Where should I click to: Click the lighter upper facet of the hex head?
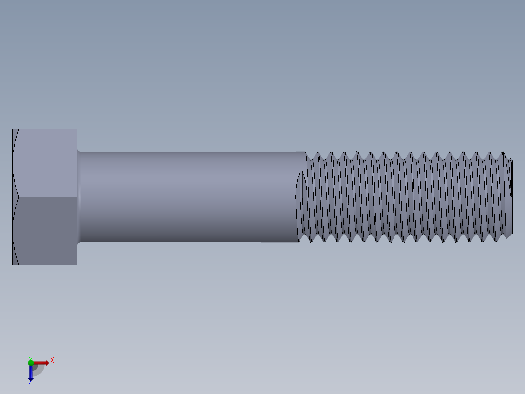point(46,163)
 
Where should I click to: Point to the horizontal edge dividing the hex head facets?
point(46,197)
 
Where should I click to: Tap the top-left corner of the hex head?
point(13,129)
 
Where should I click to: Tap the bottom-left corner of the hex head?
point(13,265)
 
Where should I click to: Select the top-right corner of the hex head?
point(77,129)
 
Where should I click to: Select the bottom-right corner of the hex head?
point(77,265)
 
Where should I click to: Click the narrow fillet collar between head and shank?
point(79,197)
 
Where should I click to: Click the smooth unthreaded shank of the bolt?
point(190,197)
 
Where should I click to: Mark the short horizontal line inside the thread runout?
point(301,197)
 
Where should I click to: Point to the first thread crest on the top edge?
point(319,152)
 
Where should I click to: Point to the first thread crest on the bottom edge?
point(312,241)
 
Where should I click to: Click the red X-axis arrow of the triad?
point(42,363)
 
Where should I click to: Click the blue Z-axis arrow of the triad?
point(31,373)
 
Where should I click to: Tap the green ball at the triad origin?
point(31,362)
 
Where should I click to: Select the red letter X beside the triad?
point(52,361)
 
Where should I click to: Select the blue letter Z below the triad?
point(30,383)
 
